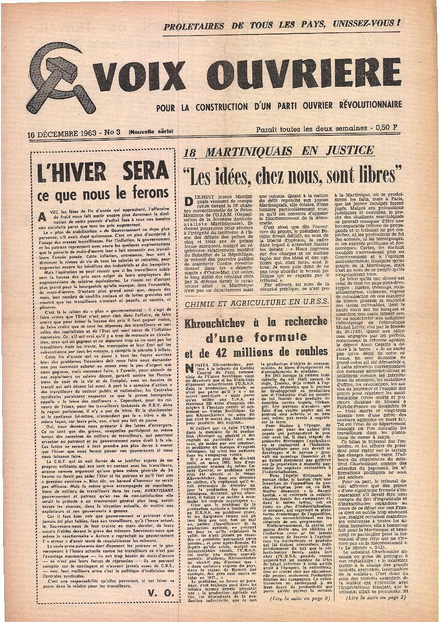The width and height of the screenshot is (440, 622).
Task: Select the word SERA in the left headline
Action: [x=144, y=171]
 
